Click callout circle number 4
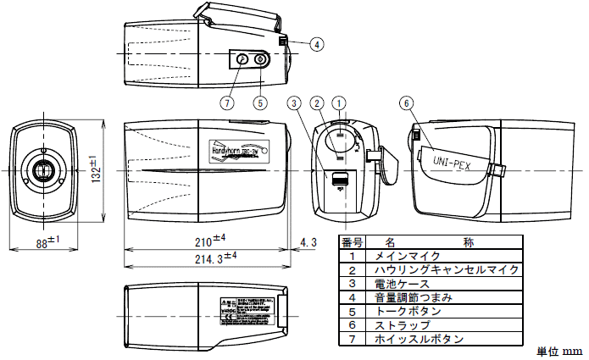(x=315, y=44)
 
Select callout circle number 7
(x=226, y=102)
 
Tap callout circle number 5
(x=260, y=102)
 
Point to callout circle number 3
(x=293, y=103)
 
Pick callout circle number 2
(x=316, y=103)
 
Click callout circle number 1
(x=340, y=103)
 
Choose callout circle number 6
(x=406, y=103)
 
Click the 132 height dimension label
(x=96, y=170)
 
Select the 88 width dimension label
(x=47, y=241)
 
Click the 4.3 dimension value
(x=309, y=242)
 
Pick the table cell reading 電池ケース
(x=402, y=284)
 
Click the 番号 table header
(x=352, y=241)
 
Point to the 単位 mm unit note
(x=560, y=351)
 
